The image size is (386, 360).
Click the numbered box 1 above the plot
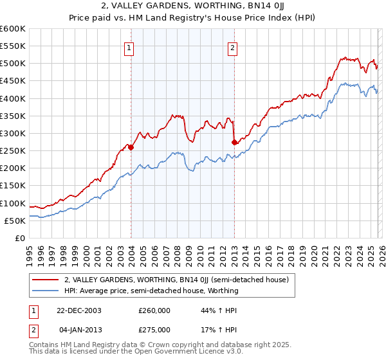[x=129, y=47]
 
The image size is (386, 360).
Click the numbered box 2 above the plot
[x=232, y=47]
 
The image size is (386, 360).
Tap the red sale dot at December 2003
[x=131, y=147]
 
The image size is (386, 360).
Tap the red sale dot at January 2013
[x=234, y=142]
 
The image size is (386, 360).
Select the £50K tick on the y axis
[x=15, y=221]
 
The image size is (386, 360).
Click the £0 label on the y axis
[x=20, y=238]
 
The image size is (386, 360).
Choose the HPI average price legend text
[x=151, y=291]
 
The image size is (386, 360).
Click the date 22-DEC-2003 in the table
[x=78, y=310]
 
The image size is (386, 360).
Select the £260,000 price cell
[x=154, y=310]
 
